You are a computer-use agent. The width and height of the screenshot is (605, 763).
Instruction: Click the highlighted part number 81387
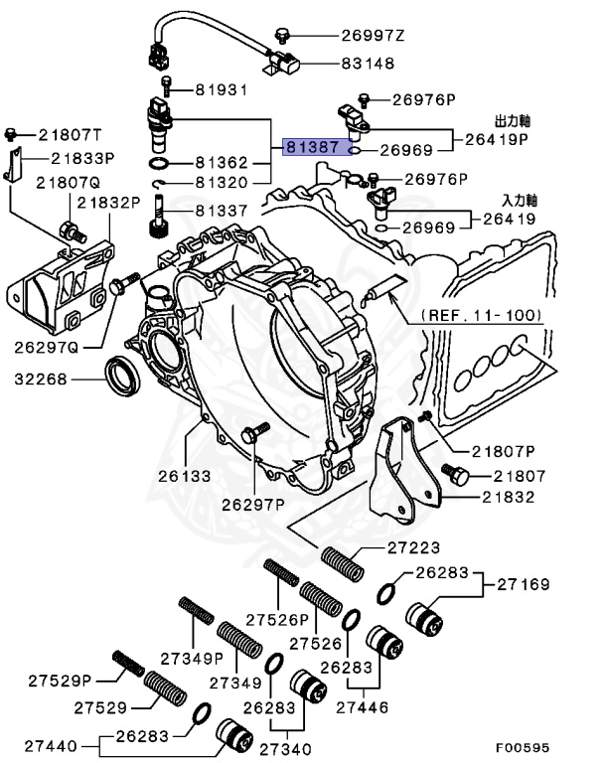coord(313,146)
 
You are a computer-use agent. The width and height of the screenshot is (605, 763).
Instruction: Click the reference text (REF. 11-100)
coord(482,315)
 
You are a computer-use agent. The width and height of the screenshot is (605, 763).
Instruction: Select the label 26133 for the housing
coord(184,476)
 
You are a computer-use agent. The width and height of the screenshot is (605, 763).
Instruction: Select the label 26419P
coord(500,140)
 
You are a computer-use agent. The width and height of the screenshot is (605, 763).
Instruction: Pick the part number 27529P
coord(60,681)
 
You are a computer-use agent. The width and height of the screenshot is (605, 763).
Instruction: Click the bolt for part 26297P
coord(254,433)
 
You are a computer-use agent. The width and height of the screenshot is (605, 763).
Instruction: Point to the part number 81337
coord(221,211)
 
